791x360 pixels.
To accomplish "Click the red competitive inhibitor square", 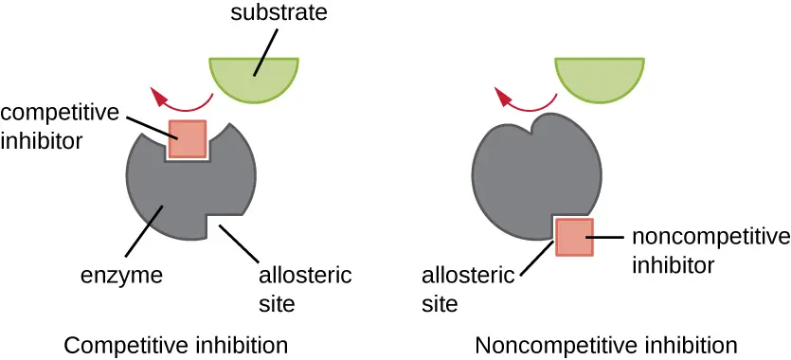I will pyautogui.click(x=188, y=139).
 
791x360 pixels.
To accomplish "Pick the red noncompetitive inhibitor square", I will pyautogui.click(x=574, y=237).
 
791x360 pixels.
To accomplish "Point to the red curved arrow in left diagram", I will pyautogui.click(x=180, y=97).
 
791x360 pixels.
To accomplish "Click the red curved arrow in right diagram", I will pyautogui.click(x=526, y=97).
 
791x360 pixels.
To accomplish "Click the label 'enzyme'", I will pyautogui.click(x=122, y=276).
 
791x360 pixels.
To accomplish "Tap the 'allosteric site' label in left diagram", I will pyautogui.click(x=304, y=289).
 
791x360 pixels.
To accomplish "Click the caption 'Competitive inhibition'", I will pyautogui.click(x=175, y=343).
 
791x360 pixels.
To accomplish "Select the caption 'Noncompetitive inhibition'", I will pyautogui.click(x=606, y=343).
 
